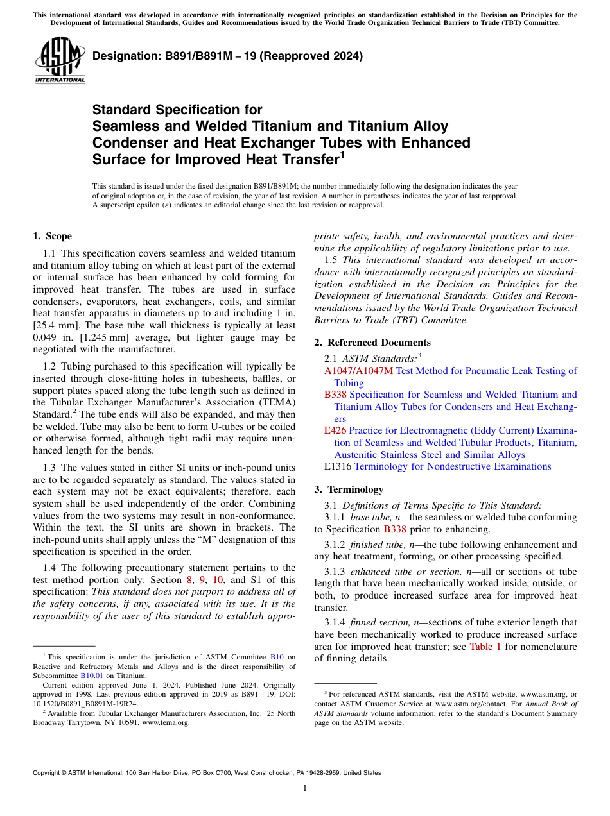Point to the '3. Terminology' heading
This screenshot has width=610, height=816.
coord(348,489)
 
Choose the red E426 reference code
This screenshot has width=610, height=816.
coord(335,431)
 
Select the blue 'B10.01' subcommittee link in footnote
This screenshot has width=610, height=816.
coord(91,676)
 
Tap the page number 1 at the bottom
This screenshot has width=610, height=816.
coord(304,788)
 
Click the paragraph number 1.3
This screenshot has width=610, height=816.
coord(49,468)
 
